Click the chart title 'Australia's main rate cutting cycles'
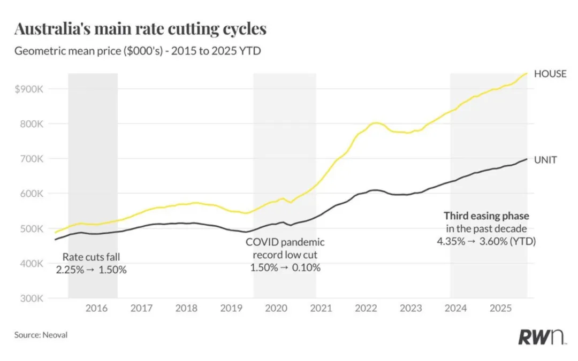(140, 29)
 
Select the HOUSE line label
(550, 74)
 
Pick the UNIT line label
(545, 159)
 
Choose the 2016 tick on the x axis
(96, 308)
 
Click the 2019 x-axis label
(231, 308)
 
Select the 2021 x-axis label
(321, 308)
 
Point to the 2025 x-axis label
(501, 308)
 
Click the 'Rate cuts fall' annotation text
(91, 257)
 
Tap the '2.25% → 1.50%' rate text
(91, 270)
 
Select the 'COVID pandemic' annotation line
(285, 242)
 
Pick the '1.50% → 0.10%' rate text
(285, 267)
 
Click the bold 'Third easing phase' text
(486, 216)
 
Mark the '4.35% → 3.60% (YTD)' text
(486, 242)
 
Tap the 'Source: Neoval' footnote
(41, 335)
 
